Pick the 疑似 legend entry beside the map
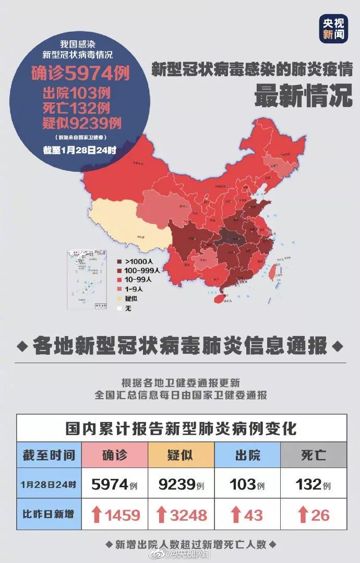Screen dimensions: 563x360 128,298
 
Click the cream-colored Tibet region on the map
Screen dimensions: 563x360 125,224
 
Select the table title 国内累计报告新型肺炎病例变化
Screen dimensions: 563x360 181,429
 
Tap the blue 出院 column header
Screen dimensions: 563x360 247,455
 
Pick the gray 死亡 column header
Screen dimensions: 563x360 314,455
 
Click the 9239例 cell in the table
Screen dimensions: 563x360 181,485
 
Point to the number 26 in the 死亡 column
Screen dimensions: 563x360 320,515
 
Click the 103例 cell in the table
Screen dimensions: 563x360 247,485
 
